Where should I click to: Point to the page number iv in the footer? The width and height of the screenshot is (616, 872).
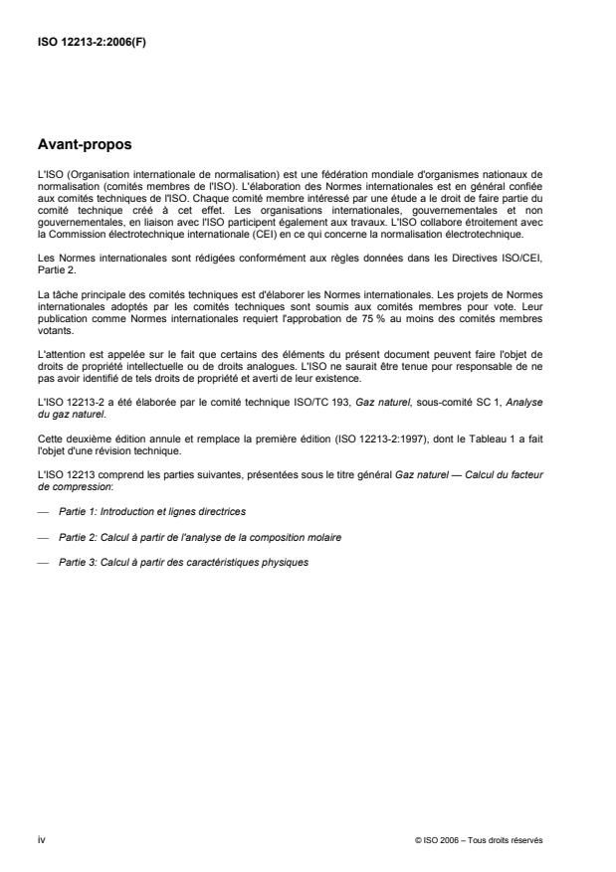(41, 839)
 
